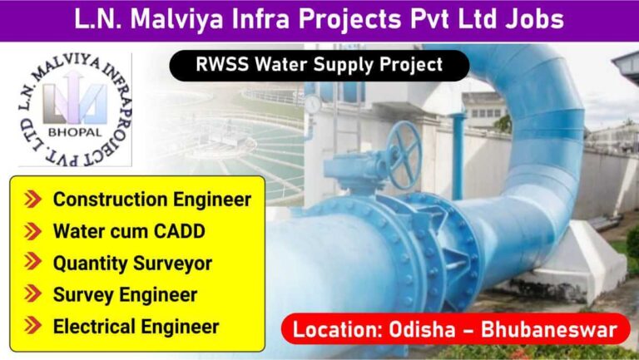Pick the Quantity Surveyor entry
click(x=132, y=264)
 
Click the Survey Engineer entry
click(x=125, y=295)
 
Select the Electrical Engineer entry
click(x=136, y=327)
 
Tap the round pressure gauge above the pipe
click(x=313, y=104)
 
